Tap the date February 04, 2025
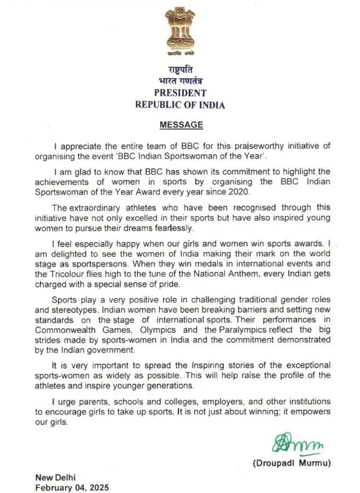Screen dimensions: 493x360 coord(72,487)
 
